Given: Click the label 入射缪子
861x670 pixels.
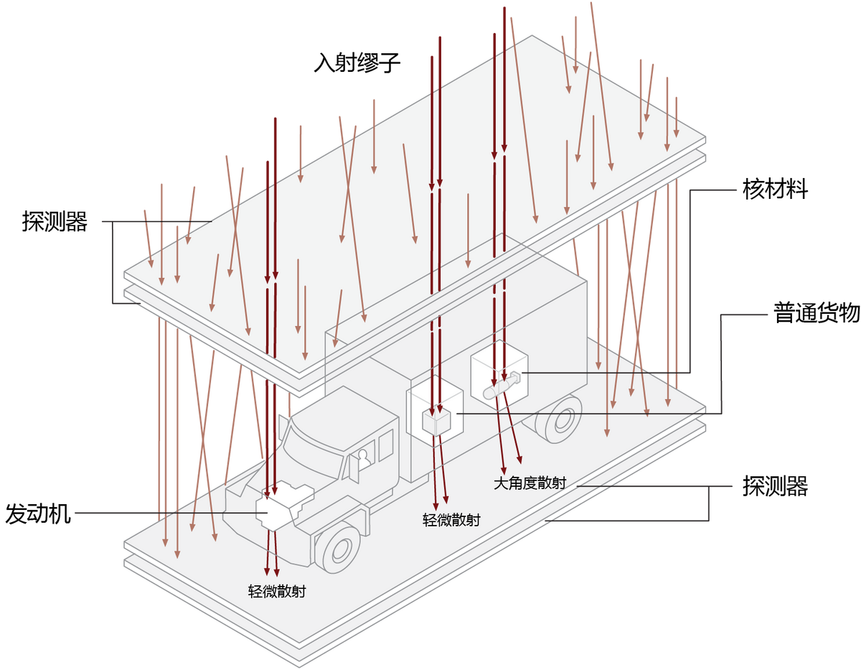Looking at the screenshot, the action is click(x=357, y=62).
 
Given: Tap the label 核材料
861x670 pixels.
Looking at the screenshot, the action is click(x=775, y=189).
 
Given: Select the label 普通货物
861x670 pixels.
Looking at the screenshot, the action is click(x=817, y=313).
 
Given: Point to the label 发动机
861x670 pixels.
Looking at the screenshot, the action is click(x=38, y=513).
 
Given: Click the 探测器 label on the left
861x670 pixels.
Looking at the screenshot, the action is click(x=55, y=221).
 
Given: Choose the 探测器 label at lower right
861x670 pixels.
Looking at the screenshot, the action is click(x=775, y=485).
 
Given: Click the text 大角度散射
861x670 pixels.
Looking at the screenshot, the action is click(x=530, y=483).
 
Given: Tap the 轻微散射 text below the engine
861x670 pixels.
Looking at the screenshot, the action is click(x=277, y=592).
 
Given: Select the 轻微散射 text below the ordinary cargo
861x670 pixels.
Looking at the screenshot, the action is click(x=451, y=520).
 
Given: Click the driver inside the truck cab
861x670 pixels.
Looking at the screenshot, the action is click(x=363, y=459).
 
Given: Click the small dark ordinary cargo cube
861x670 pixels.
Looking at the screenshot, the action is click(x=436, y=421).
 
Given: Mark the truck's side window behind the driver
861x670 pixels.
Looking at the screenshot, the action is click(x=386, y=445).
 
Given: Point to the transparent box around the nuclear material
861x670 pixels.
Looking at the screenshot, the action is click(x=499, y=375).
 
